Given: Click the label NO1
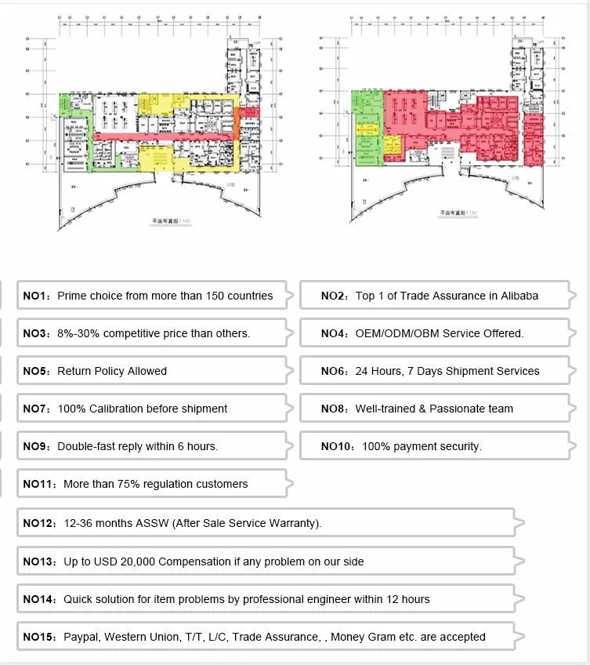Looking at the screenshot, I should pyautogui.click(x=34, y=296).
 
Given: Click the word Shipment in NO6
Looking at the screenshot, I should pyautogui.click(x=471, y=371).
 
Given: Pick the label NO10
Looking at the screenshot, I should pyautogui.click(x=338, y=446).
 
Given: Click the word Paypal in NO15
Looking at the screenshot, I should pyautogui.click(x=81, y=637).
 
